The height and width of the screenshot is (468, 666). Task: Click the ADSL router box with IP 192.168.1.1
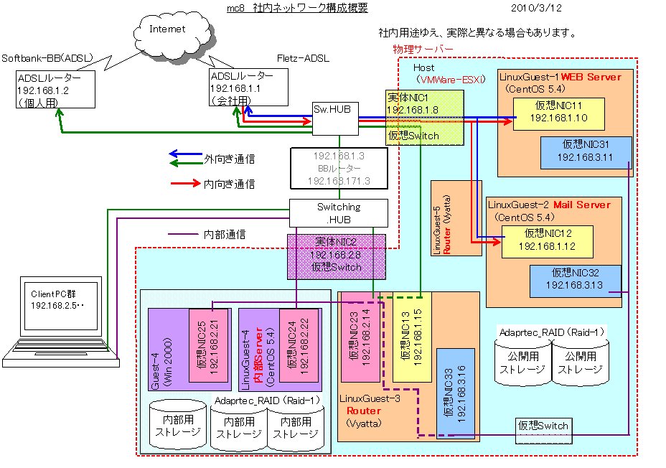247,87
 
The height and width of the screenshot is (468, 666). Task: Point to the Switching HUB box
338,212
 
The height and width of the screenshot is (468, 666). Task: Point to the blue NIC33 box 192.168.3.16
455,392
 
